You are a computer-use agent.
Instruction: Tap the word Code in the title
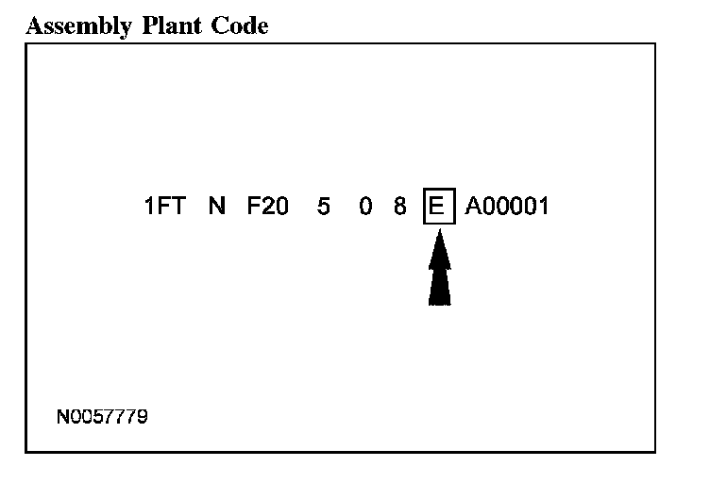pyautogui.click(x=240, y=26)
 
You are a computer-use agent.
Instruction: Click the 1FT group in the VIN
pyautogui.click(x=164, y=207)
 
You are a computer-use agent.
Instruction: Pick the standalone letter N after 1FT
pyautogui.click(x=217, y=207)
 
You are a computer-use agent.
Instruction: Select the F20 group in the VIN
pyautogui.click(x=268, y=207)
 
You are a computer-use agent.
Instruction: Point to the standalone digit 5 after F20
pyautogui.click(x=324, y=207)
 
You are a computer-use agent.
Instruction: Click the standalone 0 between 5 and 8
pyautogui.click(x=365, y=207)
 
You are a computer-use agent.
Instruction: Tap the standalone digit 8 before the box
pyautogui.click(x=400, y=207)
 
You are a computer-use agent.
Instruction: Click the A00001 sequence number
pyautogui.click(x=507, y=207)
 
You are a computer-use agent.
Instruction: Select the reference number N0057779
pyautogui.click(x=102, y=415)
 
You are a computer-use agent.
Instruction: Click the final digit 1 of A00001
pyautogui.click(x=543, y=207)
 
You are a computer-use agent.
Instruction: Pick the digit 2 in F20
pyautogui.click(x=268, y=207)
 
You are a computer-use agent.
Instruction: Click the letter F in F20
pyautogui.click(x=254, y=207)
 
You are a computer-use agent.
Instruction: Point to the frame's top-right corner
pyautogui.click(x=654, y=42)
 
